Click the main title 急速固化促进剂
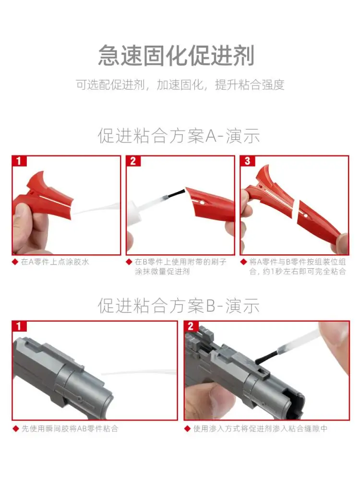pos(176,55)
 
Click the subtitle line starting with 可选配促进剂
pos(180,85)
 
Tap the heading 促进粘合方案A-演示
pos(179,136)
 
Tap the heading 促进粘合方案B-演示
pos(179,305)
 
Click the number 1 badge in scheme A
pos(19,161)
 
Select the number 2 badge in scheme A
pos(133,161)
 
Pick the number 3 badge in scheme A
pos(247,161)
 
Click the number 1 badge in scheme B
pos(19,326)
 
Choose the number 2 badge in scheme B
pos(191,326)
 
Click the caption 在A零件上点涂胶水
pos(55,262)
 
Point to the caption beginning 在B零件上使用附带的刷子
pos(180,266)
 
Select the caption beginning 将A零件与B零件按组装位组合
pos(298,266)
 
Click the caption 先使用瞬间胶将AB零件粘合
pos(70,429)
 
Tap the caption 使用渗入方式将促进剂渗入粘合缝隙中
pos(260,429)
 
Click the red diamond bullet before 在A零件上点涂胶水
pos(15,262)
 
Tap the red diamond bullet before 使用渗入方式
pos(188,429)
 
